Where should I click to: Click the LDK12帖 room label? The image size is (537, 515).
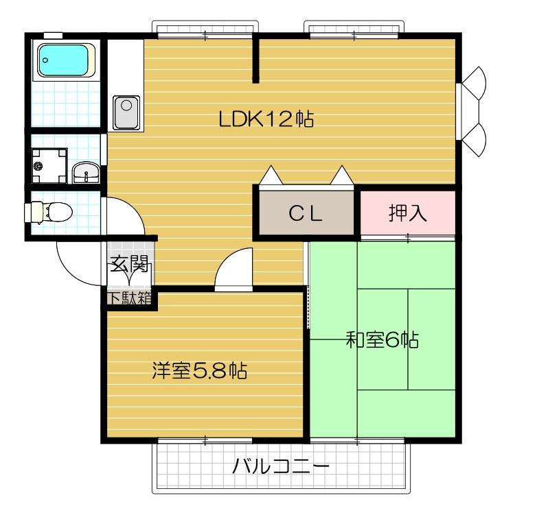(x=266, y=119)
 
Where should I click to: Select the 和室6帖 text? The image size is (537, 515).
(x=382, y=339)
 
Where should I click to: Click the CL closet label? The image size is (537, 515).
(x=305, y=213)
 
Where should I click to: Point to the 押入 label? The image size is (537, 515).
(x=408, y=213)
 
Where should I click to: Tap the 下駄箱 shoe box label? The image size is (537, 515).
(x=129, y=298)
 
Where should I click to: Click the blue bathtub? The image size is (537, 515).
(x=66, y=60)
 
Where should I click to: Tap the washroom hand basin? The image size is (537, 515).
(x=86, y=172)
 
